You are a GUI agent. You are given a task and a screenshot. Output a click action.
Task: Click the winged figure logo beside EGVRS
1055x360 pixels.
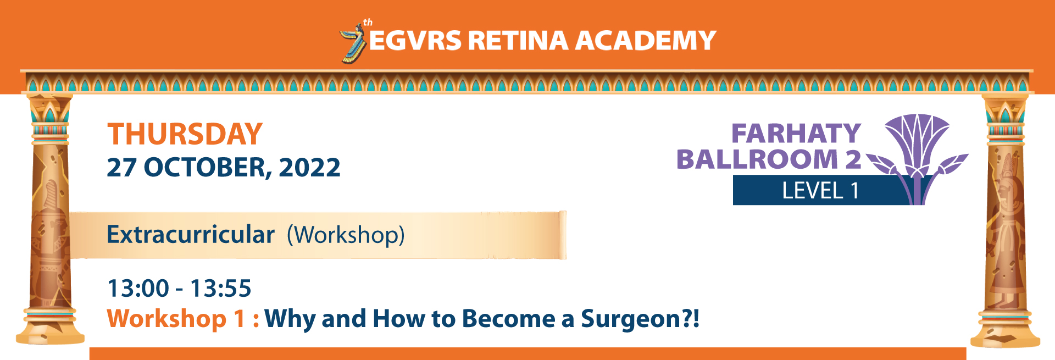coord(353,43)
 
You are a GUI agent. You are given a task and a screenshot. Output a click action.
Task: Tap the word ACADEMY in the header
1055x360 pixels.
coord(646,41)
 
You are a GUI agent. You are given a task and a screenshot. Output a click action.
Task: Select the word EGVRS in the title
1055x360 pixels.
coord(415,41)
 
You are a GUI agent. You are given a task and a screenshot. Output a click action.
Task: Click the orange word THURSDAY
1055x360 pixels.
coord(185,134)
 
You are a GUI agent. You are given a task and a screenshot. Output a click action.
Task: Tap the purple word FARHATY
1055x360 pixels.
coord(796,134)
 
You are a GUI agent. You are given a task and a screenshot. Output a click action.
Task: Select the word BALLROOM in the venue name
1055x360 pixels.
coord(758,159)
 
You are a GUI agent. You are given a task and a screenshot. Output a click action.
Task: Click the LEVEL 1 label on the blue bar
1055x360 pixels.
coord(820,191)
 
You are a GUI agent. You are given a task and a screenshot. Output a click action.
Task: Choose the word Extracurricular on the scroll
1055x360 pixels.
coord(191,235)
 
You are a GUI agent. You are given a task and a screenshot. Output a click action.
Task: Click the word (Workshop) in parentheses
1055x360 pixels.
coord(346,235)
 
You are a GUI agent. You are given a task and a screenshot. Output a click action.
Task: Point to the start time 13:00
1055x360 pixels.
coord(138,289)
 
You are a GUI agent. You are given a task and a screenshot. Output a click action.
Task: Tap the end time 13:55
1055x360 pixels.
coord(221,289)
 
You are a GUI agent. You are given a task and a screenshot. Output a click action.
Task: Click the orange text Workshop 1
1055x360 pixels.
coord(176,319)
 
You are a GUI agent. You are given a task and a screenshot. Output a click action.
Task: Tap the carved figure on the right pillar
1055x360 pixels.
coord(1007,231)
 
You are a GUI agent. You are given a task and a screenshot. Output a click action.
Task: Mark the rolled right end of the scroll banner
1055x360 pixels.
coord(562,235)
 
